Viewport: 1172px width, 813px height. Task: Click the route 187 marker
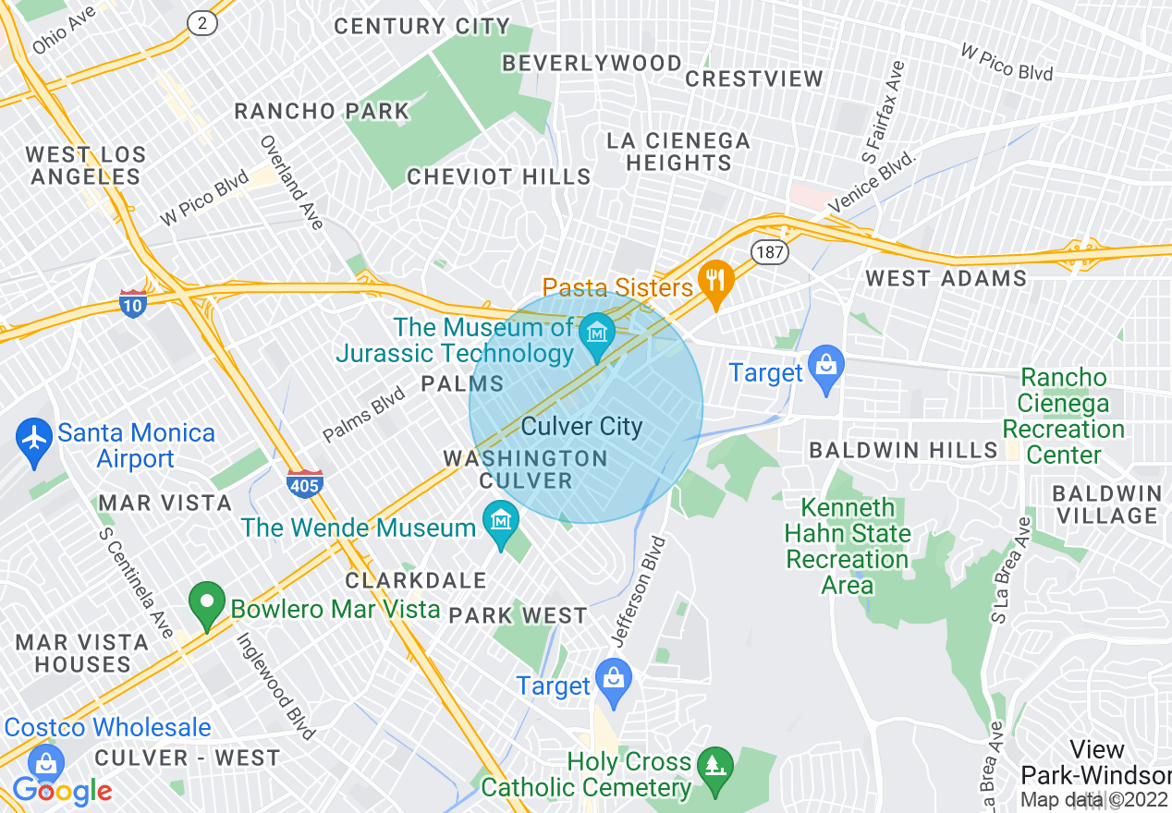coord(768,251)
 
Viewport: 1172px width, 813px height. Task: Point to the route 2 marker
coord(201,24)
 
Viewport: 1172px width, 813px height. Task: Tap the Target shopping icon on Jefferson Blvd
coord(612,678)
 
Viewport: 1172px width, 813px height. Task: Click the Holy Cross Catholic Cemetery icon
coord(714,767)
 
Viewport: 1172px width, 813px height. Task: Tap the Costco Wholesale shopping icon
coord(43,764)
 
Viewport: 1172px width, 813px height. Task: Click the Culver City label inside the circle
coord(581,427)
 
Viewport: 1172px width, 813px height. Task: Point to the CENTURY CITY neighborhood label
coord(421,26)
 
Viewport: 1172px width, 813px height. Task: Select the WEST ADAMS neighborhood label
coord(946,278)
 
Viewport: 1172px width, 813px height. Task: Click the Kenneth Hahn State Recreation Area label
coord(848,546)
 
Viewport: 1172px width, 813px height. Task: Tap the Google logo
coord(62,791)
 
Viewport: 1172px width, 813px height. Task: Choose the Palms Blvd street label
coord(363,414)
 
